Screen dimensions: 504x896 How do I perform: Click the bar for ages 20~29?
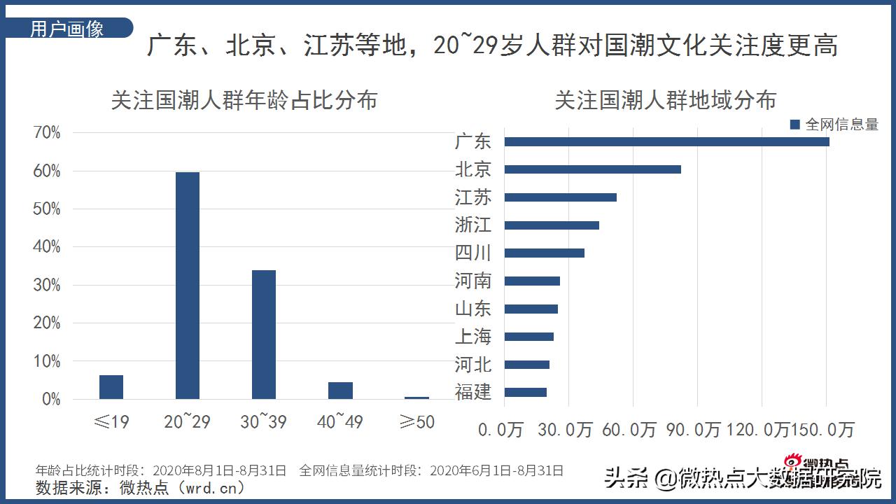tap(187, 286)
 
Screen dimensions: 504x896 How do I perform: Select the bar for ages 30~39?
tap(263, 335)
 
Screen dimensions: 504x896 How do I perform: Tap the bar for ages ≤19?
tap(111, 387)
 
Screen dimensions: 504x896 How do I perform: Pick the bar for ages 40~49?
tap(340, 391)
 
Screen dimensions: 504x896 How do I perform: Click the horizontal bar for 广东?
tap(666, 142)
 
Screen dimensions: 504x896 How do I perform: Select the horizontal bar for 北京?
tap(592, 169)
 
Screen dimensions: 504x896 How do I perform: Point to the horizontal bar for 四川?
tap(544, 253)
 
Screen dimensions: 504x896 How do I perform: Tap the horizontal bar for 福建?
tap(525, 392)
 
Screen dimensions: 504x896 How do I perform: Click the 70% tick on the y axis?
tap(47, 133)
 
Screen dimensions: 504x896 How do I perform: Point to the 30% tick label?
tap(47, 286)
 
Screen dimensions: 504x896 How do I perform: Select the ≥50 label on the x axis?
tap(416, 422)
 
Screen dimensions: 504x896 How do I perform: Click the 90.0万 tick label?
tap(693, 429)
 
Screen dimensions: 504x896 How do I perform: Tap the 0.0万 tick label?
tap(500, 429)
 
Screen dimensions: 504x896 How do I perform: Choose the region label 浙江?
tap(473, 225)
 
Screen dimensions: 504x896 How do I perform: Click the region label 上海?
tap(473, 337)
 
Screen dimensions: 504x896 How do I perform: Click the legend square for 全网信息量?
tap(794, 125)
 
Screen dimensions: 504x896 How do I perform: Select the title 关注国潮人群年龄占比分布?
tap(244, 100)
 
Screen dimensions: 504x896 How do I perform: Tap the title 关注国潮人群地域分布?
tap(665, 100)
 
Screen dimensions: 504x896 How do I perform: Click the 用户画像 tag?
tap(67, 29)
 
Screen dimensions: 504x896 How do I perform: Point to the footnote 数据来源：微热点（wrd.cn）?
tap(140, 486)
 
